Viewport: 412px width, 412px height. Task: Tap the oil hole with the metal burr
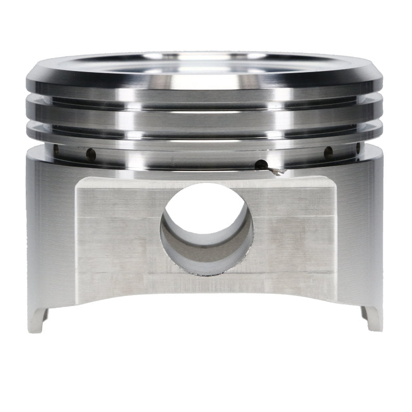(x=262, y=165)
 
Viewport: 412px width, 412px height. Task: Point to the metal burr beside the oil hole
(x=278, y=172)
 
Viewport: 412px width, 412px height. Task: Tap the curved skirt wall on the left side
(x=49, y=232)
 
